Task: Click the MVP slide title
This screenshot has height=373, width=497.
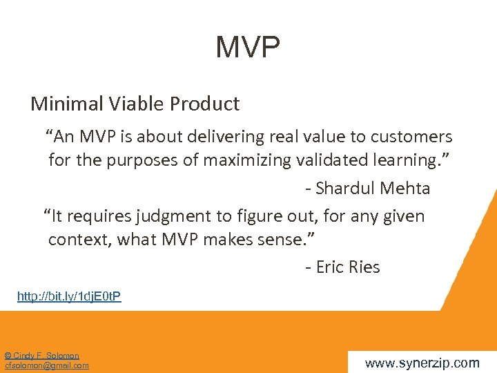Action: pos(248,48)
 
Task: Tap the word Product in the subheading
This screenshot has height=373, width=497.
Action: pos(205,104)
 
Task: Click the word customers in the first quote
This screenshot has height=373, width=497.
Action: pos(413,137)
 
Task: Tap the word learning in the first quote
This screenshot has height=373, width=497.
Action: pos(407,160)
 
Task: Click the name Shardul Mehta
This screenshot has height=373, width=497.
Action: pos(373,188)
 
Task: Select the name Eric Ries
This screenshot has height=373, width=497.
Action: pos(348,267)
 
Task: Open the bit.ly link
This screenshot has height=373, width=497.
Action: pos(69,296)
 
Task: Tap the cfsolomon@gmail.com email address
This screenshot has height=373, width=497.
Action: pos(47,365)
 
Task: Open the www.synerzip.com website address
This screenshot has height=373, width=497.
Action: pos(422,363)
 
